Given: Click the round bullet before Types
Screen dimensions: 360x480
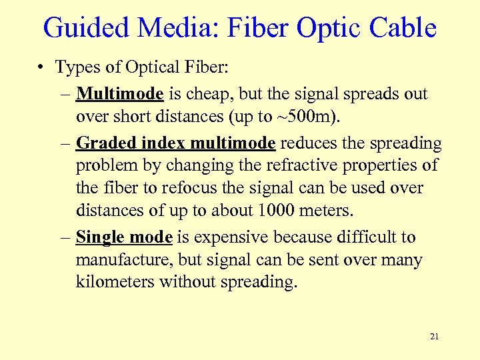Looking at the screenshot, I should pos(41,67).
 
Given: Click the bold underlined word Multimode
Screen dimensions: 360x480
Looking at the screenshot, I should pos(119,93).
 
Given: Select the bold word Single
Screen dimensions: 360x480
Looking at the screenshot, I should pos(98,237).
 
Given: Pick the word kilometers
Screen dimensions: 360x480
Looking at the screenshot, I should pos(115,283).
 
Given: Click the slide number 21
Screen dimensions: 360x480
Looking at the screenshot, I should pos(434,337).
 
